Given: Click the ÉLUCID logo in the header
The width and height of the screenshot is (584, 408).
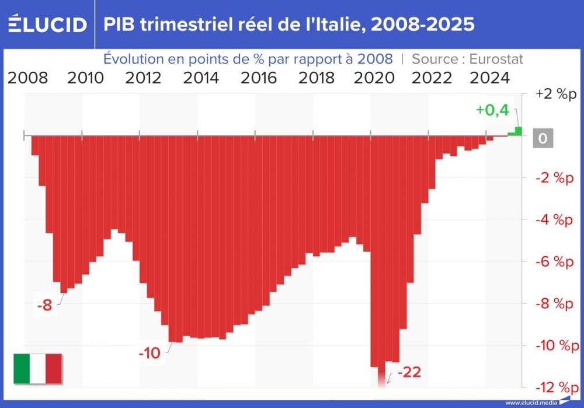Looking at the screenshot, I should tap(47, 24).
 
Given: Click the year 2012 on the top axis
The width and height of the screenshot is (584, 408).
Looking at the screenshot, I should tap(144, 78).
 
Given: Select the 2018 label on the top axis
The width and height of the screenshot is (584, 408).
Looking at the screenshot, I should tap(317, 78).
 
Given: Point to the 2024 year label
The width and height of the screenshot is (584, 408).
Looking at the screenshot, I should tap(490, 78).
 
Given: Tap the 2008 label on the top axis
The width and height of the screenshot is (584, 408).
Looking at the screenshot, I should tap(28, 78).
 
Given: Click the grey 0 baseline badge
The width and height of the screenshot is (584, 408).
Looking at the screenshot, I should tap(543, 138).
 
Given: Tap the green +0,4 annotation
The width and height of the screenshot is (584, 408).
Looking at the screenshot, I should tap(492, 110).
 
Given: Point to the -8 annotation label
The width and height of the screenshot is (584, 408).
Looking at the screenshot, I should tap(44, 305).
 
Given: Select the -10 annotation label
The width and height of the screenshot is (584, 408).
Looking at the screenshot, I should tap(150, 353).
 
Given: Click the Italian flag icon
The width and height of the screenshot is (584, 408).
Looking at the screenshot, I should tap(37, 368).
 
